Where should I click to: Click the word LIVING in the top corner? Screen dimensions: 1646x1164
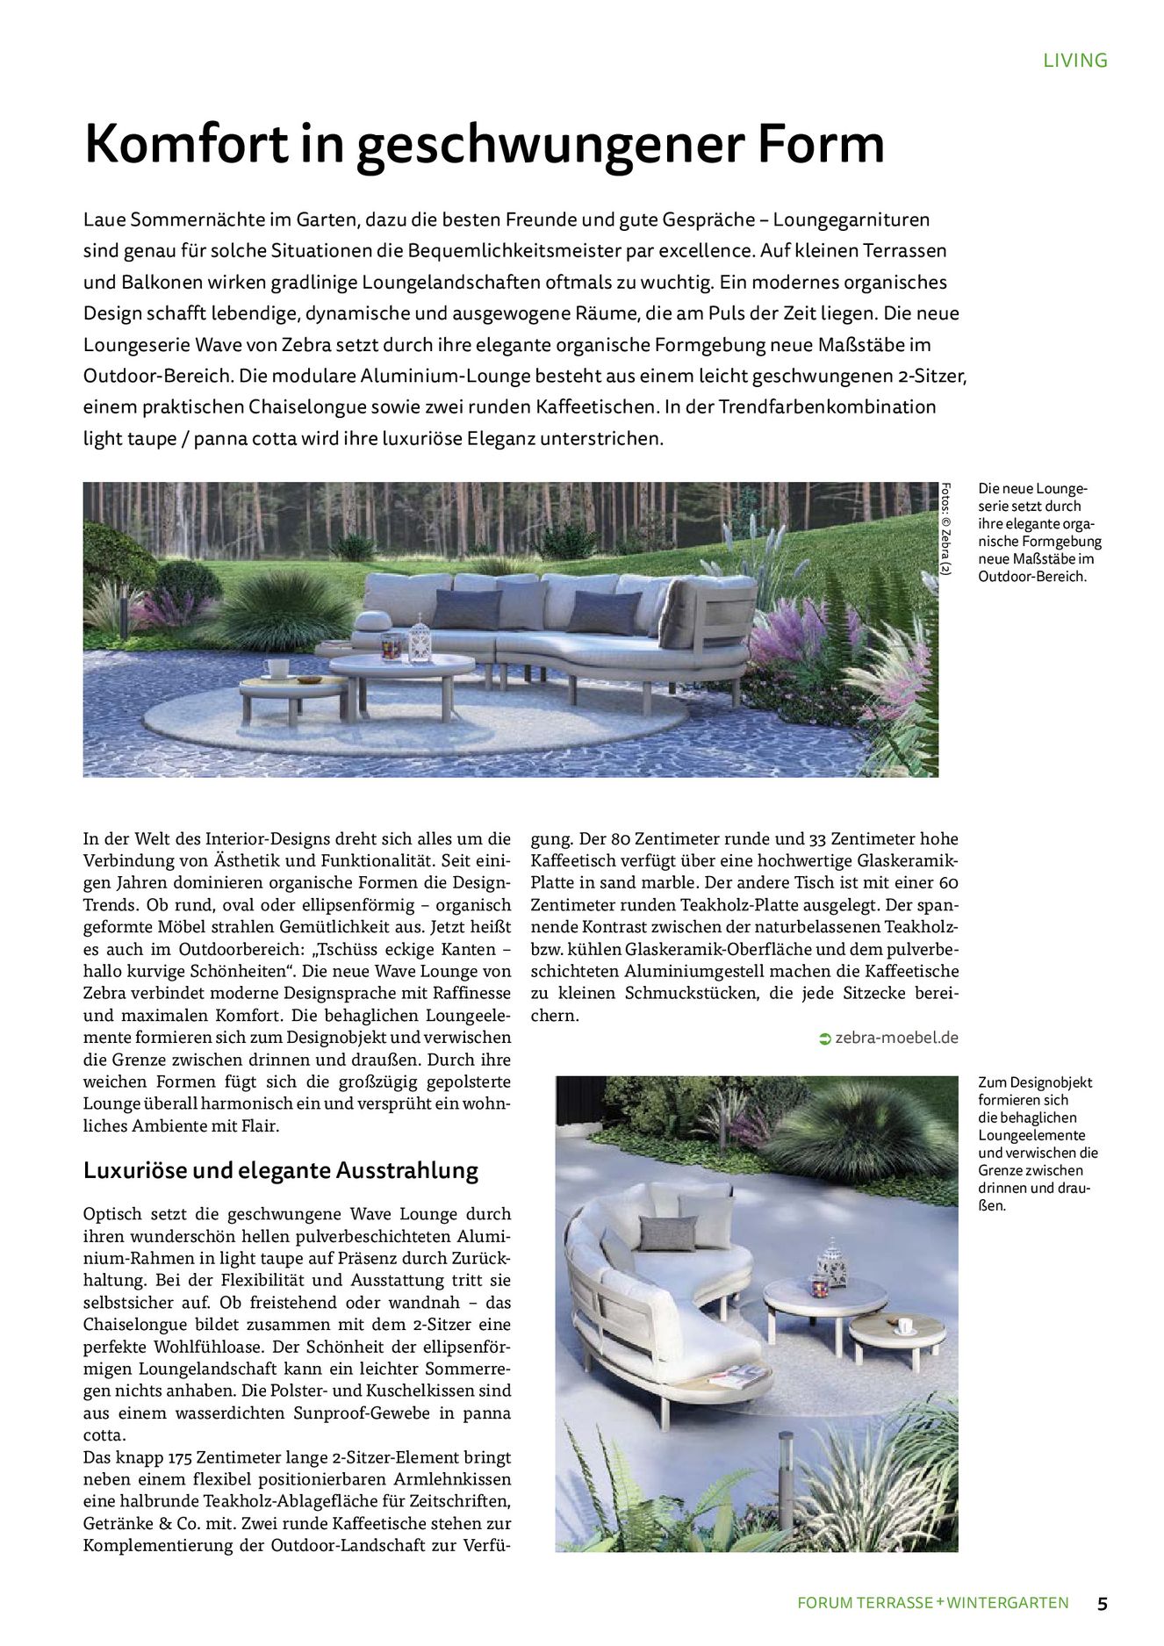coord(1074,61)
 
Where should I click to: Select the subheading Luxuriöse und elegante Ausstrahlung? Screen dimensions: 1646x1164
coord(280,1170)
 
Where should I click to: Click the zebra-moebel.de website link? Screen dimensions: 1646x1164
coord(896,1038)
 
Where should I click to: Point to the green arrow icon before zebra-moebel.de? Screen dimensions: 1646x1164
coord(824,1039)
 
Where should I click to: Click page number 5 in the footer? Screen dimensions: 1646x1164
coord(1102,1603)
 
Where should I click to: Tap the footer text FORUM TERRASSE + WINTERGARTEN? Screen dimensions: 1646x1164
coord(932,1603)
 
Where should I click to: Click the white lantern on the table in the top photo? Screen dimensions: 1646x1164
coord(420,638)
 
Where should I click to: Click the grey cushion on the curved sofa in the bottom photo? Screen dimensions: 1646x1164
coord(666,1232)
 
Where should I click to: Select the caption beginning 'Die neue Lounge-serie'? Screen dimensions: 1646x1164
coord(1038,533)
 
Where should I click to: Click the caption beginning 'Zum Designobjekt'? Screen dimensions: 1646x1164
coord(1038,1144)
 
